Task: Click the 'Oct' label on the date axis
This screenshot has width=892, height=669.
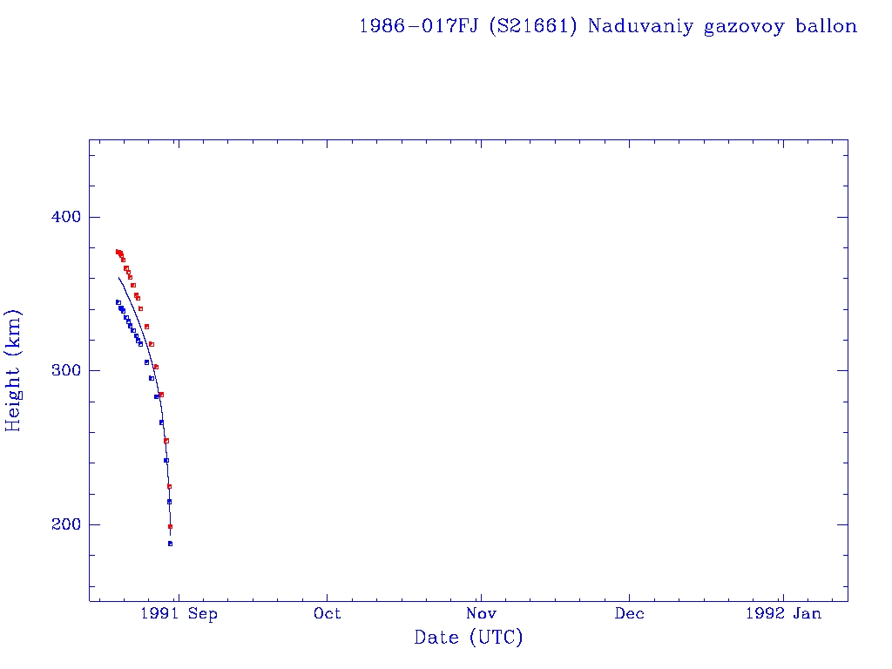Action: [328, 613]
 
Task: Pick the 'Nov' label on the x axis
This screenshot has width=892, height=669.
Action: [479, 613]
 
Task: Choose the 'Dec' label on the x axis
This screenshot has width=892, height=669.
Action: [630, 613]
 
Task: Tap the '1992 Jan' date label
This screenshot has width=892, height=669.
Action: [783, 613]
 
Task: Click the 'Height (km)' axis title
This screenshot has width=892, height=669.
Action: [14, 370]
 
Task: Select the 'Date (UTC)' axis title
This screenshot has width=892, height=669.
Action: [469, 639]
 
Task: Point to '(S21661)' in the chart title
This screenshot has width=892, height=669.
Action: [532, 26]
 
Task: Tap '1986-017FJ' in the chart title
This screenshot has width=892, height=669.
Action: [419, 26]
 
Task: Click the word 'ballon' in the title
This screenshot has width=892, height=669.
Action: [826, 26]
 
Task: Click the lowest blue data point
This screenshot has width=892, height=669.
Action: [170, 544]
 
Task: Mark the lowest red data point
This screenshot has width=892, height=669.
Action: [170, 526]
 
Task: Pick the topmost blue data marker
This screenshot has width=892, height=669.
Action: [118, 302]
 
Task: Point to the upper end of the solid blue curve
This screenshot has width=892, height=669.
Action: [118, 278]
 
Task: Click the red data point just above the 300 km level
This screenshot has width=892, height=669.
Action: [156, 367]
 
